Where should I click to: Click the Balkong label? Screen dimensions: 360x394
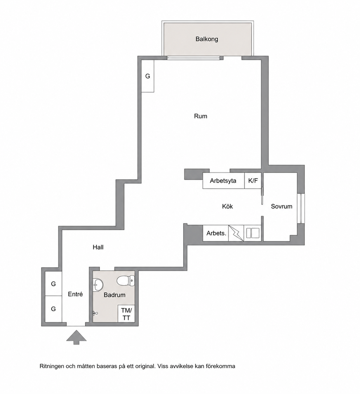pos(206,39)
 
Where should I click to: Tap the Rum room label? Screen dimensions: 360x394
pos(201,116)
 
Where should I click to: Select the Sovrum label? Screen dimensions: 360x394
pos(281,207)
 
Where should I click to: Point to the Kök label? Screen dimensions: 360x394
pos(228,206)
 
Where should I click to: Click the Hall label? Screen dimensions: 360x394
pos(98,247)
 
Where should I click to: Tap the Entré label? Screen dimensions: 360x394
pos(75,294)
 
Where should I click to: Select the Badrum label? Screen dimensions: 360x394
pos(114,295)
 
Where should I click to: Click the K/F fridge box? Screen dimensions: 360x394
pos(253,181)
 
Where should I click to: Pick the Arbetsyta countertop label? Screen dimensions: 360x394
pos(223,181)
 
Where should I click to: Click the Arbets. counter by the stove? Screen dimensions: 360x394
pos(216,233)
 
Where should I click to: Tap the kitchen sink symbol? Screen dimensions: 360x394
pos(252,233)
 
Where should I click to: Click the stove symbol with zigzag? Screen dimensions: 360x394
pos(236,233)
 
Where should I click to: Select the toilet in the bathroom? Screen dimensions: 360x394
pos(126,280)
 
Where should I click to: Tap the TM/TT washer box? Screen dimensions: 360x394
pos(127,314)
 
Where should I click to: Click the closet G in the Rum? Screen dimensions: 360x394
pos(148,76)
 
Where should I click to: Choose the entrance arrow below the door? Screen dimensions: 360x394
pos(76,337)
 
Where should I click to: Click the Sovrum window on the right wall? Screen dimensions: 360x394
pos(301,208)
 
